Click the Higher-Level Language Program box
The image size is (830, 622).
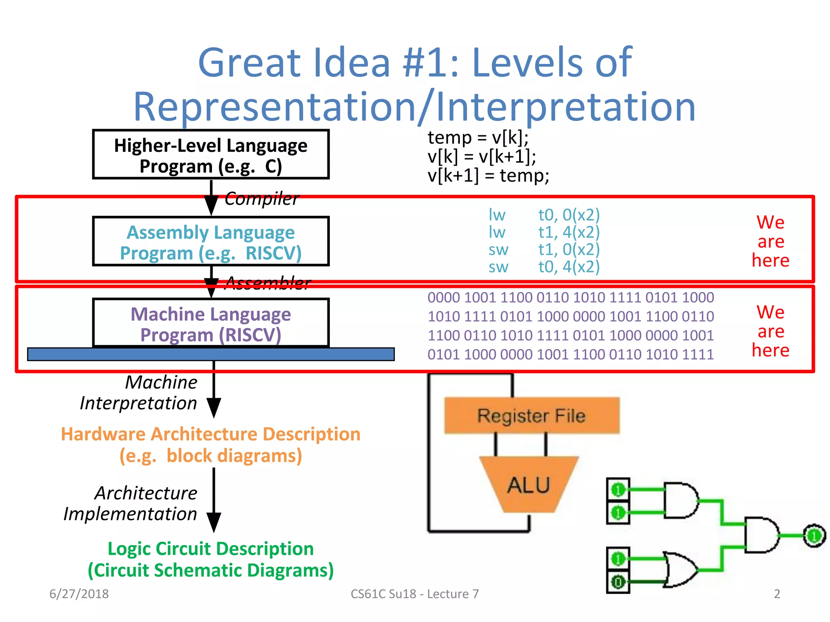[211, 155]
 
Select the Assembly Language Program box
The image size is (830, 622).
[211, 242]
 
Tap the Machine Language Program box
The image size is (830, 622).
[211, 324]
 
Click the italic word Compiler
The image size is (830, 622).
[261, 199]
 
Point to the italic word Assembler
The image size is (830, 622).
[267, 283]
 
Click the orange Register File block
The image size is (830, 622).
[532, 416]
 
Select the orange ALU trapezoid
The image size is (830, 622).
[528, 485]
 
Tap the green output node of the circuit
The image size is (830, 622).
[814, 536]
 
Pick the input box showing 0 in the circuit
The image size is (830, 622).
[618, 582]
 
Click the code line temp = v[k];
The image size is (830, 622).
[478, 138]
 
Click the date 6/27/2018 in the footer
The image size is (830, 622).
[79, 594]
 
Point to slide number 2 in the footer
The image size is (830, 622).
[777, 594]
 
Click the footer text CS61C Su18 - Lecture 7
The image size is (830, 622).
[415, 594]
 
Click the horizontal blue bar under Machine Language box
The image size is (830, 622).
[211, 354]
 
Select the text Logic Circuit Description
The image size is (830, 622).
[211, 549]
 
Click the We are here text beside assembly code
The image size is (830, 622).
[770, 241]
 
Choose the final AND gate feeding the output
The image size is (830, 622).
[760, 535]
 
